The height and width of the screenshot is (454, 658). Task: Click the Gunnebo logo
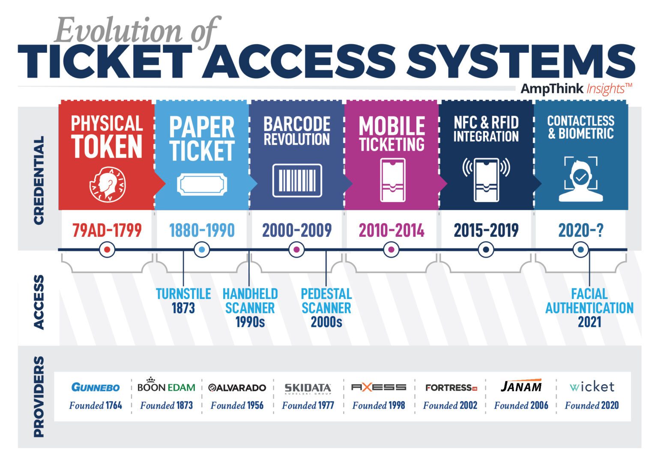(96, 387)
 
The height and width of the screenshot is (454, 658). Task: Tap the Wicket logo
(592, 387)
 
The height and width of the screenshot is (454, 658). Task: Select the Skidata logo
(308, 388)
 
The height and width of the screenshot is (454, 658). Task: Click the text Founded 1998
(379, 405)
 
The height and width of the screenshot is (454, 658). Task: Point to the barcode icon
(297, 180)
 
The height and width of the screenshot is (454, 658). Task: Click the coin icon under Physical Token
(107, 184)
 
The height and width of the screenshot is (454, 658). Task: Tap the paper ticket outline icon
(202, 184)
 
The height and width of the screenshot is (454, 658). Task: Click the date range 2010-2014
(392, 230)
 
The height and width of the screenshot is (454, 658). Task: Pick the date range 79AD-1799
(107, 230)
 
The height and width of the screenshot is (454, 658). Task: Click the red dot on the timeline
(107, 249)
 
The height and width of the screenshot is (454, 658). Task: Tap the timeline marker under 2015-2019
(486, 249)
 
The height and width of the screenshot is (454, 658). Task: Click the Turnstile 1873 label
(183, 301)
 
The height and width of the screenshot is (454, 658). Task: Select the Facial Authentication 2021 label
(589, 308)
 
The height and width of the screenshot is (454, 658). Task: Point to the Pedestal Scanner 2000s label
(326, 308)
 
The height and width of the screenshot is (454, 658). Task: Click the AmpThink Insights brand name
(576, 89)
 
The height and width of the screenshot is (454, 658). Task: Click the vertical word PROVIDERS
(39, 396)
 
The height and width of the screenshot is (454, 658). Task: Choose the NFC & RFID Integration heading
(486, 129)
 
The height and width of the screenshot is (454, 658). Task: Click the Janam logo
(521, 386)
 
